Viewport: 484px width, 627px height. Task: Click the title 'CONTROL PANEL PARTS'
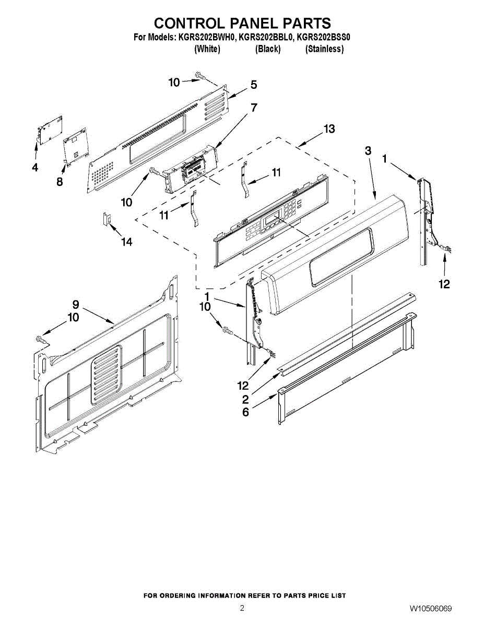click(242, 24)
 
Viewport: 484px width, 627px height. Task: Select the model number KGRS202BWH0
click(208, 38)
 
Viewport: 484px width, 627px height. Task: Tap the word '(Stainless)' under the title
click(324, 49)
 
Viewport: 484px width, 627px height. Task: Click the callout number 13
click(329, 129)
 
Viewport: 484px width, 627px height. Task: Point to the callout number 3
click(368, 150)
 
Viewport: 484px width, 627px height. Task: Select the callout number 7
click(254, 108)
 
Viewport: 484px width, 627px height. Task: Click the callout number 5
click(253, 85)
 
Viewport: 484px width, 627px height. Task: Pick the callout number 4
click(35, 168)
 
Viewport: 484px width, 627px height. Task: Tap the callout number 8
click(60, 182)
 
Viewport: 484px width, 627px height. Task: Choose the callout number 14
click(127, 241)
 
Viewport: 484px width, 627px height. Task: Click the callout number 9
click(76, 304)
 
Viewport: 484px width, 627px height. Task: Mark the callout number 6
click(245, 412)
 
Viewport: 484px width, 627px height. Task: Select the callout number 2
click(245, 400)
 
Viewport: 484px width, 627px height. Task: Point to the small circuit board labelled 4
click(49, 129)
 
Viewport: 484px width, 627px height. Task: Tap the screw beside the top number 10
click(199, 76)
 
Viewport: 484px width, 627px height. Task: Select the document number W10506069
click(431, 609)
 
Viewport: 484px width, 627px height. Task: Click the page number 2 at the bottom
click(242, 608)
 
